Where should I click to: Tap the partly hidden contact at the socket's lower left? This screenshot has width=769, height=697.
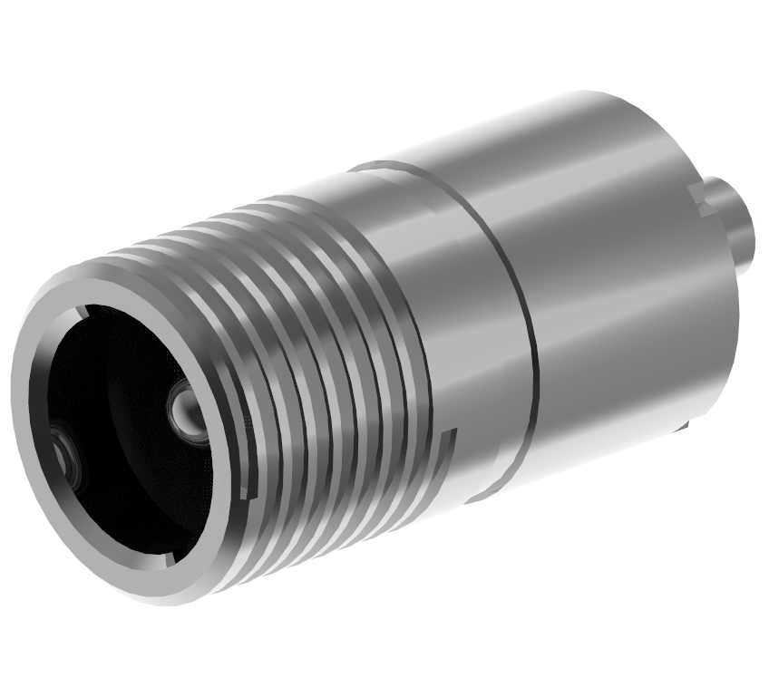(65, 452)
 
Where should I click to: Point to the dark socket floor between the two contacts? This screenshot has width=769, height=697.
(127, 426)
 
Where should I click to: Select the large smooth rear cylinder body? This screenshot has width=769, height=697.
(617, 272)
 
